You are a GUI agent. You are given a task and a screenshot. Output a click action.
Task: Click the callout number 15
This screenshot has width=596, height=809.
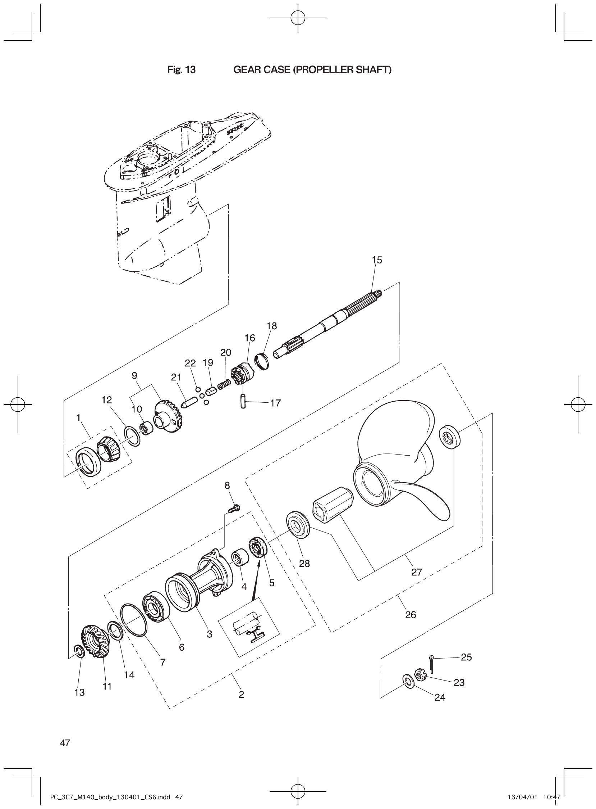click(377, 260)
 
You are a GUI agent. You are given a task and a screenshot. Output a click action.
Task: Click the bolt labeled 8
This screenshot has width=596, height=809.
click(234, 509)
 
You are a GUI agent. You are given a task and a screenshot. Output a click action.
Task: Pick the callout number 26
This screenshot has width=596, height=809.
click(411, 614)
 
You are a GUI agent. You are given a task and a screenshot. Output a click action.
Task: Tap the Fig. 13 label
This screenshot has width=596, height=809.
click(182, 70)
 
